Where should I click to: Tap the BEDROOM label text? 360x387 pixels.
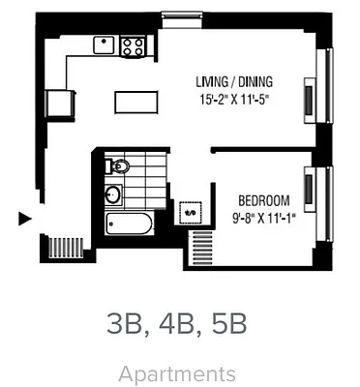263,200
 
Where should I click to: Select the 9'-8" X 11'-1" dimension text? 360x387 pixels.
263,217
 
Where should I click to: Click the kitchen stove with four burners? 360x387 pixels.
133,45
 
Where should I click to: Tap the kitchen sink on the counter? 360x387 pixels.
105,44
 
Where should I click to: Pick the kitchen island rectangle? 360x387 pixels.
135,102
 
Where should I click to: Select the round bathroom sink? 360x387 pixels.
113,195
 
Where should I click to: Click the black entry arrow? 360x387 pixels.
25,219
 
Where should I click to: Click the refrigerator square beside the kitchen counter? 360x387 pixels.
60,102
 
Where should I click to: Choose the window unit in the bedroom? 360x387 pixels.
309,189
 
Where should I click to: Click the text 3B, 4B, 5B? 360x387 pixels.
178,324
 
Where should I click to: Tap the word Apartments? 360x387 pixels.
178,373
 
